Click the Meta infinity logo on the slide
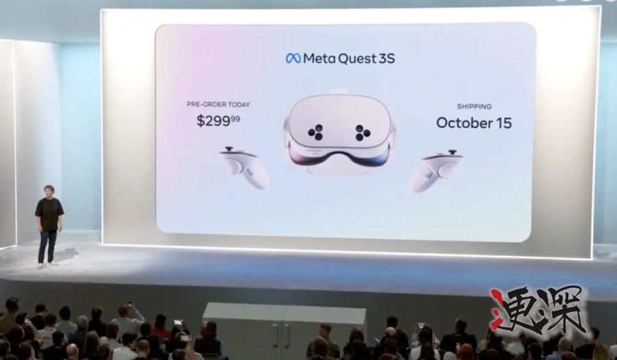tap(293, 58)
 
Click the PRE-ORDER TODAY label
tap(219, 104)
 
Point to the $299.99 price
tap(219, 120)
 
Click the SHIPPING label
tap(474, 106)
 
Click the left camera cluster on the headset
tap(315, 132)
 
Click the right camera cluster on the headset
tap(363, 132)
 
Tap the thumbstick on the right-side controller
tap(452, 152)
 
